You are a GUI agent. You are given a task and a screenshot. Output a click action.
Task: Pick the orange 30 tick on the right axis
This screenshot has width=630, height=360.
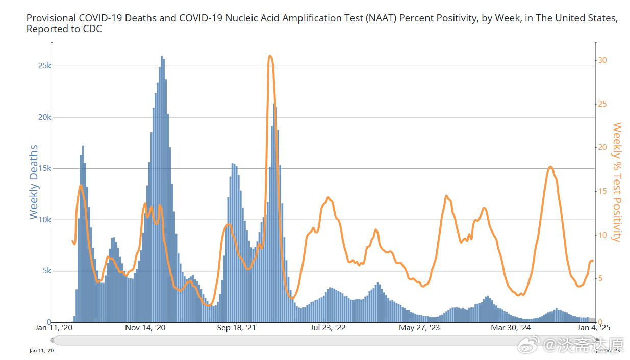(x=602, y=60)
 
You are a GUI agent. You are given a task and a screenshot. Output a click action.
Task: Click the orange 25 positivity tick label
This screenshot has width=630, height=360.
(x=602, y=104)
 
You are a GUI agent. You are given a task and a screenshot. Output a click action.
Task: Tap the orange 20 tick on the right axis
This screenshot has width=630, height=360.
(x=602, y=147)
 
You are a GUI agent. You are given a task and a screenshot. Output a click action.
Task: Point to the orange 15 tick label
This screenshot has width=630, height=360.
(x=602, y=191)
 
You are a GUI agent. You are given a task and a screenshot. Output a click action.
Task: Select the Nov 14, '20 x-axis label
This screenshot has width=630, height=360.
(x=145, y=328)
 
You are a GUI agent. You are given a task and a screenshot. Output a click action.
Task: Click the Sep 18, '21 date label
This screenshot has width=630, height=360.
(x=237, y=328)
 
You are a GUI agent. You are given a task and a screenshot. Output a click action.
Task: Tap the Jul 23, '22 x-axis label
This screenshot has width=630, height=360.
(x=327, y=328)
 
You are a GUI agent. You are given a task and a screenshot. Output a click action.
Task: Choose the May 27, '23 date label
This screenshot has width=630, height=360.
(x=419, y=328)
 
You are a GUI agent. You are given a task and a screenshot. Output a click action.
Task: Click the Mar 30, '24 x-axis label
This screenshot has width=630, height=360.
(x=511, y=328)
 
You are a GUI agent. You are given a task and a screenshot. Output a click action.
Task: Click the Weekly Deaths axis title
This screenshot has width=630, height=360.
(x=34, y=182)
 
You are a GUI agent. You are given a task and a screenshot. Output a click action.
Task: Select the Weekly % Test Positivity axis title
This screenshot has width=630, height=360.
(x=617, y=182)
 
